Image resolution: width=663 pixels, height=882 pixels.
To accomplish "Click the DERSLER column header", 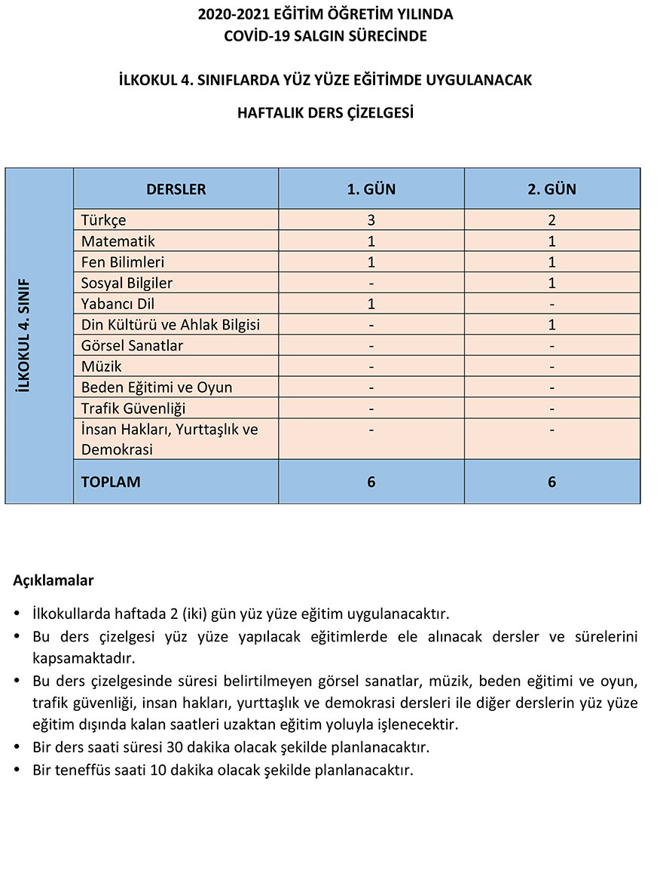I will coord(176,189).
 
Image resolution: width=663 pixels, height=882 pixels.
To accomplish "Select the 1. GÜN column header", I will coord(371,189).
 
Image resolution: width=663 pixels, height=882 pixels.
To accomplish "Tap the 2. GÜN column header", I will coord(552,189).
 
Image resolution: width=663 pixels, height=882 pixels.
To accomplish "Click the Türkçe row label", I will coord(104,221).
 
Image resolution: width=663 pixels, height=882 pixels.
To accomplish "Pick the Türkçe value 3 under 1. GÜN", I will coord(371,221).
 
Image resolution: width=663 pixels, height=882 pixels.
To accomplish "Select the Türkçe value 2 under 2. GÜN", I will coord(552,221).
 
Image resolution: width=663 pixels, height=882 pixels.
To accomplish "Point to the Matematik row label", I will coord(118,242).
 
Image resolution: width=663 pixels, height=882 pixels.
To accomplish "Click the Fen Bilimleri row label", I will coord(123,262).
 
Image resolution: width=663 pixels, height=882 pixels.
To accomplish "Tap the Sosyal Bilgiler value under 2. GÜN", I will coord(552,283).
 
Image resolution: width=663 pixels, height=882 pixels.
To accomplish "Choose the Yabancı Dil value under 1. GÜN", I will coord(371,305).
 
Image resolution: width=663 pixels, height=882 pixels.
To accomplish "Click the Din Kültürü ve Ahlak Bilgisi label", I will coord(170,325).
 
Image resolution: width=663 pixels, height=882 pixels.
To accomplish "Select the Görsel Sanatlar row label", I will coord(133,346).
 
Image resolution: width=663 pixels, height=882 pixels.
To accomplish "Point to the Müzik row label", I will coord(102,367).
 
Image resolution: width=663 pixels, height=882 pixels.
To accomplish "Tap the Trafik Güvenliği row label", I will coord(133,409).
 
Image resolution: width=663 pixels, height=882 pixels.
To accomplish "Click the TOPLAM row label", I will coord(111,482).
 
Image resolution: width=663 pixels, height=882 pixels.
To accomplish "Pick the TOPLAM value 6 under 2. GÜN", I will coord(552,482).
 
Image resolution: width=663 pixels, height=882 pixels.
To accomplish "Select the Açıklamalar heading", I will coord(53,581).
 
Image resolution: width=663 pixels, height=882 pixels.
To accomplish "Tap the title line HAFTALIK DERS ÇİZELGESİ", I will coord(325,114).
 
